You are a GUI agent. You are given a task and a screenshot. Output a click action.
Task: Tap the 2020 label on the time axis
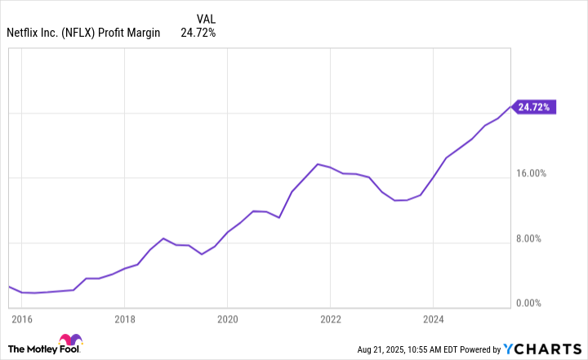[x=227, y=318]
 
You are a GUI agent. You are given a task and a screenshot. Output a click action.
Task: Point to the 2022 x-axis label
[x=330, y=318]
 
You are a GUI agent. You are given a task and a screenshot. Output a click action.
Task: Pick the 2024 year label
[x=434, y=318]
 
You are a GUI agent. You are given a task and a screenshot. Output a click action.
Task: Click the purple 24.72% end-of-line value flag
[x=535, y=107]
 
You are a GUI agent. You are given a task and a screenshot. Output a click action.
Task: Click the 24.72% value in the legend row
[x=198, y=33]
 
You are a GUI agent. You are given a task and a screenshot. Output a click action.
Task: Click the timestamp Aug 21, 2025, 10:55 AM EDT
[x=416, y=349]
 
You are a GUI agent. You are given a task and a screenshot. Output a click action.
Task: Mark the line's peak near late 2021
[x=318, y=164]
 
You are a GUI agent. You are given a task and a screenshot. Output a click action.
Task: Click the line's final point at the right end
[x=511, y=107]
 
